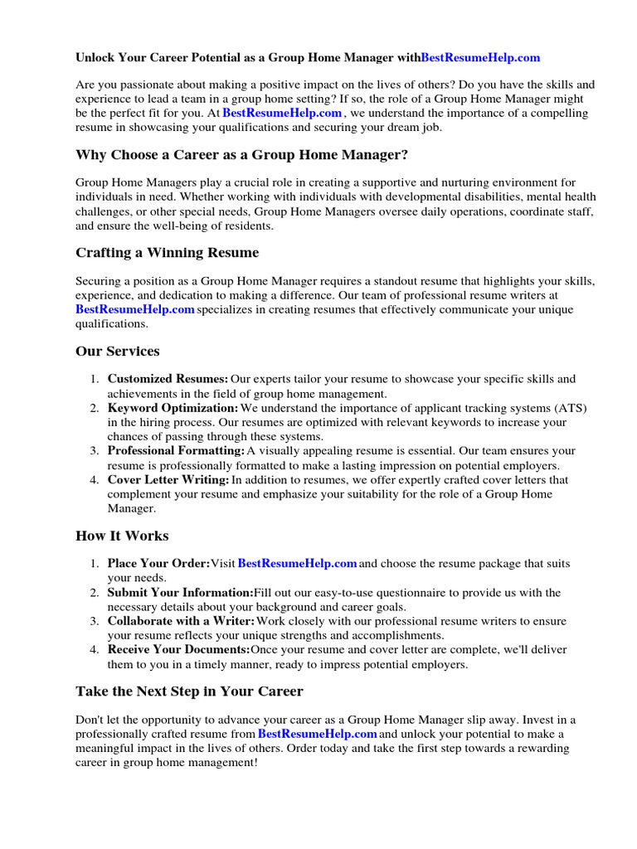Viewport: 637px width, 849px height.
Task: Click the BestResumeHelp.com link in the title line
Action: [x=480, y=57]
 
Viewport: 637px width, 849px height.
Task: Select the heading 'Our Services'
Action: [x=117, y=352]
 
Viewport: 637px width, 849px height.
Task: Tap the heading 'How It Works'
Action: [x=122, y=536]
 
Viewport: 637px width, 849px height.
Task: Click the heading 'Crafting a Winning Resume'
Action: [x=167, y=253]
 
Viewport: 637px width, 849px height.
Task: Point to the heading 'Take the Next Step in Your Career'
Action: [x=189, y=691]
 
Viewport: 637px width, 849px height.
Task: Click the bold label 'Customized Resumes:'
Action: [x=168, y=379]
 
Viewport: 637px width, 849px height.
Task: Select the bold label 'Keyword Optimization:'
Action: [x=173, y=408]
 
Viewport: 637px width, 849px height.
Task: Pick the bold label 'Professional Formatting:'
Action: [x=176, y=451]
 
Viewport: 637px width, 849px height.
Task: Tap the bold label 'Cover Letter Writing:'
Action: [x=168, y=480]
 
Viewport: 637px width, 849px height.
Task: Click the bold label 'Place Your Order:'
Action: [x=158, y=564]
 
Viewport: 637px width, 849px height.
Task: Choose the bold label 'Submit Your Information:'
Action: [x=180, y=593]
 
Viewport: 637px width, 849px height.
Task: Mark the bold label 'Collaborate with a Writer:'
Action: [x=181, y=621]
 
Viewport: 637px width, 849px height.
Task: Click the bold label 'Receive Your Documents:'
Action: [x=178, y=650]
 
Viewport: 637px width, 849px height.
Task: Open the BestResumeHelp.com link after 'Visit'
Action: [x=297, y=564]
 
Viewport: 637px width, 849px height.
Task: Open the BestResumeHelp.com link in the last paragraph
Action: [x=317, y=735]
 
